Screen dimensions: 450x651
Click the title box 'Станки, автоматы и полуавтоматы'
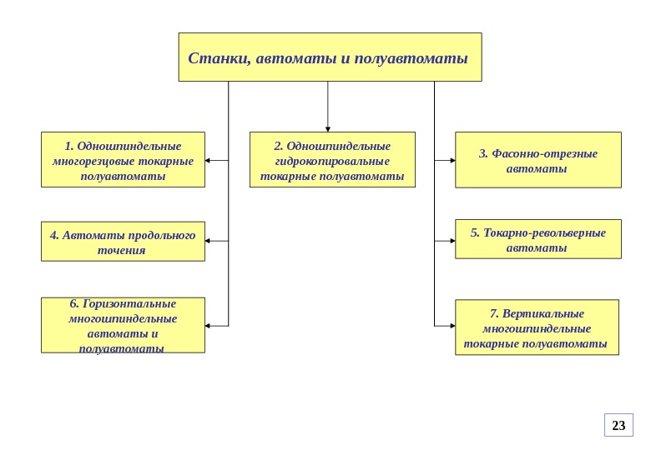click(330, 57)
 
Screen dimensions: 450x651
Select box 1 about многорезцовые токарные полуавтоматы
click(123, 159)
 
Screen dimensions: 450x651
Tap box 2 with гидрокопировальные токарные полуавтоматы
click(332, 159)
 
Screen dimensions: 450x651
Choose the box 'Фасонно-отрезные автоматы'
click(537, 159)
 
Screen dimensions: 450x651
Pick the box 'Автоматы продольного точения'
click(123, 242)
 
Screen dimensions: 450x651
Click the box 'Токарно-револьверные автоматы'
click(537, 239)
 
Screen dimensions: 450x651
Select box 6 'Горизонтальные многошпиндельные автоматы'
click(123, 325)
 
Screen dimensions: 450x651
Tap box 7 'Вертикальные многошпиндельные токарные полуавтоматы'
click(537, 327)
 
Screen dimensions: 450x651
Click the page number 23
click(618, 425)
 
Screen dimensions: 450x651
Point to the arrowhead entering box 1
click(209, 160)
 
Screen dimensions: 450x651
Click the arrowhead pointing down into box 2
click(328, 127)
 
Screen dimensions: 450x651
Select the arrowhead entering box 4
click(209, 241)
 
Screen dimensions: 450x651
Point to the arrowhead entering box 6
click(209, 325)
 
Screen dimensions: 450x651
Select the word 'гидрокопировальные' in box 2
click(332, 161)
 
